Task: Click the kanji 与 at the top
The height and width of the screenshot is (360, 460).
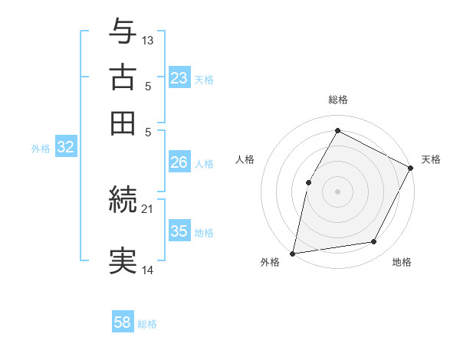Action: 123,33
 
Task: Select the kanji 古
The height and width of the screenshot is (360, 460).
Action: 123,78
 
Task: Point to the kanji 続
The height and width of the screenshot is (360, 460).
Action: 123,200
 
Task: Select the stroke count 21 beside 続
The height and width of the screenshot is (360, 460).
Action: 147,208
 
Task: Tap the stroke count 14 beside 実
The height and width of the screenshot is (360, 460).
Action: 148,270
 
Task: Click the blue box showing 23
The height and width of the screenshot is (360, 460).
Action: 179,78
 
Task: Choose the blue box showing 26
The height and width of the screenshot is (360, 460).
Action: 179,162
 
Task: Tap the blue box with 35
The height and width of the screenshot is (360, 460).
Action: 179,231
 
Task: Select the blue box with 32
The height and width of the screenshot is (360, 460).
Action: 65,148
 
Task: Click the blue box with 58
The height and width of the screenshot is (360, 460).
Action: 122,322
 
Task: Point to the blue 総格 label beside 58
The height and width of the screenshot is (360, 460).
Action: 147,324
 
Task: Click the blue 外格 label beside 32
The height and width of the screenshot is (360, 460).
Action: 41,149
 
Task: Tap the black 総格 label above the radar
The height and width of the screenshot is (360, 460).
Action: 338,100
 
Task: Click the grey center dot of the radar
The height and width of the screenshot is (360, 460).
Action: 337,191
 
